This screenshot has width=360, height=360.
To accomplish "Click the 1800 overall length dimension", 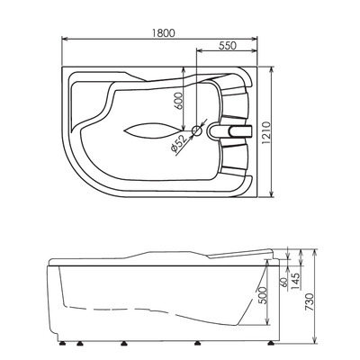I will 162,31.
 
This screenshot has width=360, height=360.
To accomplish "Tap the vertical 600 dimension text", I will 178,102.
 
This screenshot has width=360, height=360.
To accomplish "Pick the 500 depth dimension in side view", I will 261,294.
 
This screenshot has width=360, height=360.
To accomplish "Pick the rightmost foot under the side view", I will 261,343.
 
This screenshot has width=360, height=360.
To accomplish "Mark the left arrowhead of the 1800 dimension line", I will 62,39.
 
